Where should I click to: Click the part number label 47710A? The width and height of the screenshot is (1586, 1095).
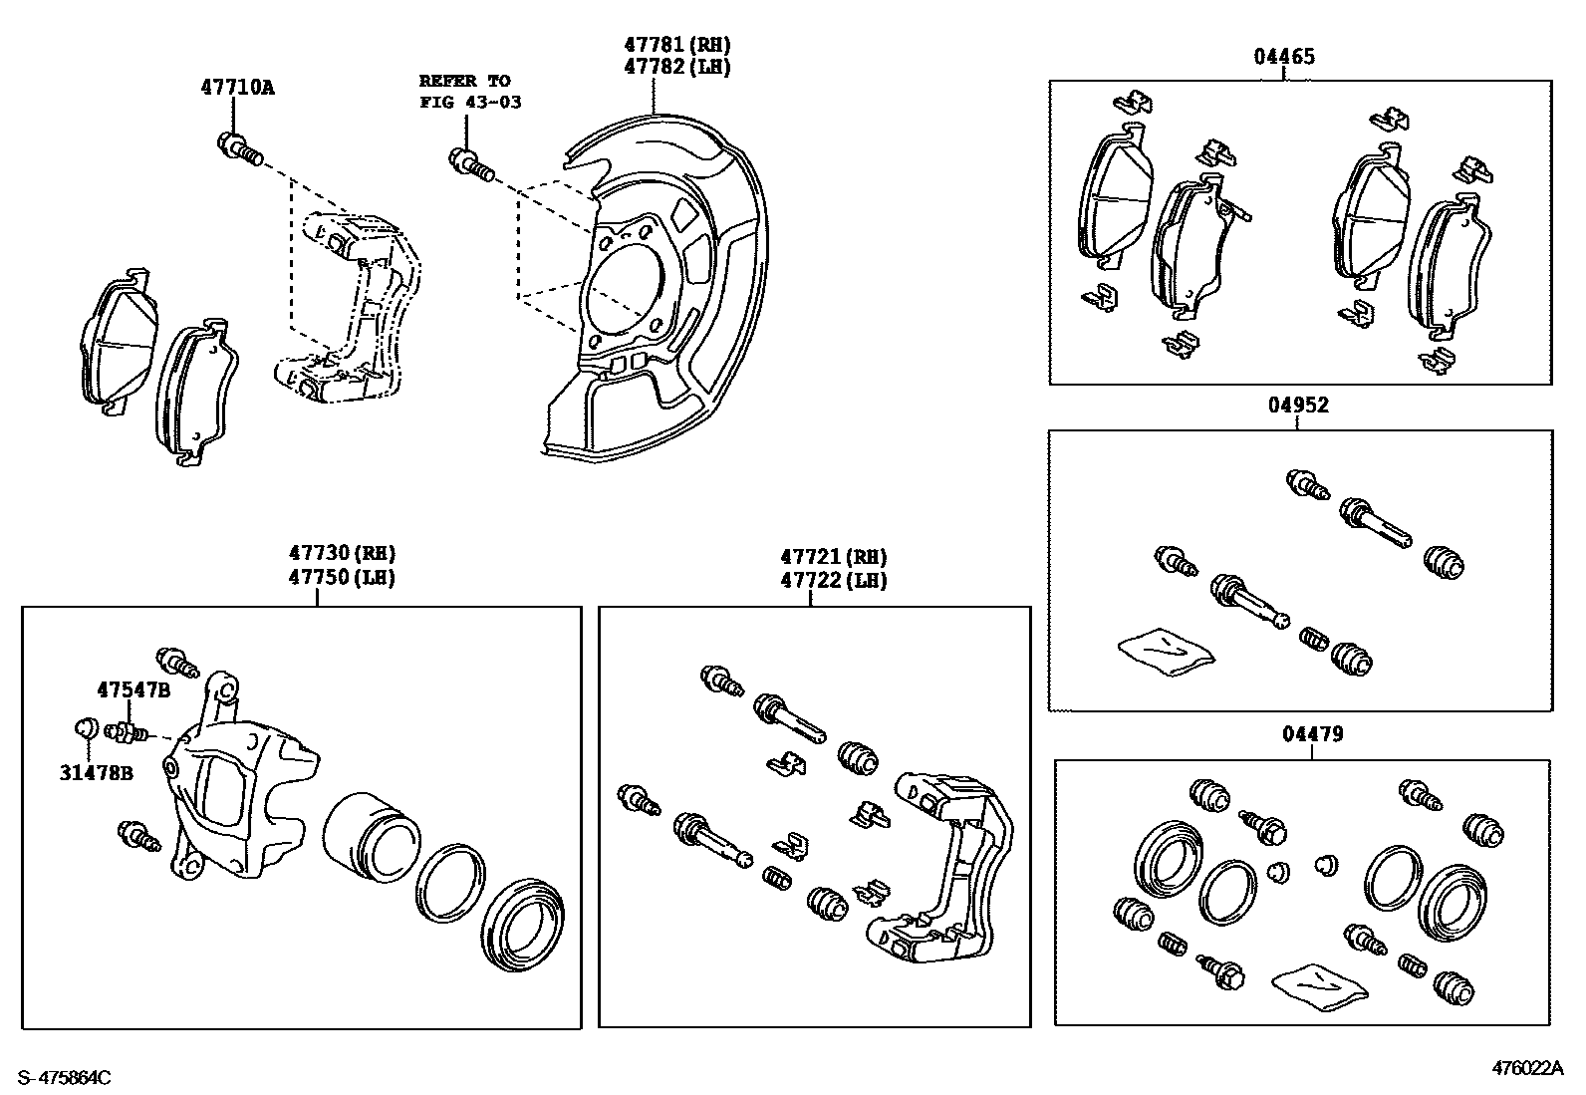tap(237, 87)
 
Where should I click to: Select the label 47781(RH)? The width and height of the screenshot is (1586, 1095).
tap(676, 45)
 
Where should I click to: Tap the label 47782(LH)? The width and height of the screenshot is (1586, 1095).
tap(676, 67)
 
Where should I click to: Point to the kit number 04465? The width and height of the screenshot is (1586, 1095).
tap(1283, 57)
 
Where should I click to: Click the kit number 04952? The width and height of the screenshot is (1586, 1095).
tap(1298, 406)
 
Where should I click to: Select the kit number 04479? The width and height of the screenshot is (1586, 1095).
tap(1312, 734)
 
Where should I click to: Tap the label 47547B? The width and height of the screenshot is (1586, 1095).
tap(133, 689)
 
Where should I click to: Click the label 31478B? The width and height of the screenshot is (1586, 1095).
tap(96, 772)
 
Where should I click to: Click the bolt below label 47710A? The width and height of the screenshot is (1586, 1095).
tap(238, 147)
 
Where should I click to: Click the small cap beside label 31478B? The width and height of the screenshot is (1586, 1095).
tap(85, 728)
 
